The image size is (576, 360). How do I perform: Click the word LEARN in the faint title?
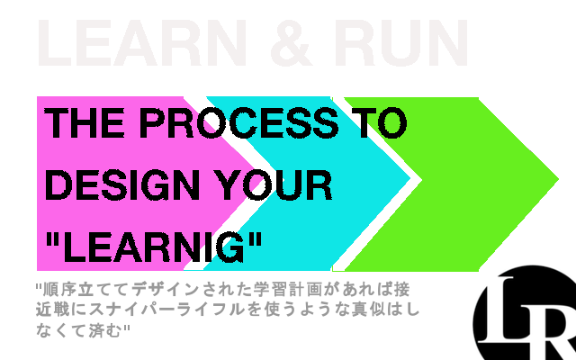pyautogui.click(x=142, y=42)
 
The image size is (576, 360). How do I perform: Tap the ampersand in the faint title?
pyautogui.click(x=291, y=42)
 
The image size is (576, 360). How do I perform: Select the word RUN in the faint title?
pyautogui.click(x=400, y=42)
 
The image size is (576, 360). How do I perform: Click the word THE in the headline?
pyautogui.click(x=84, y=123)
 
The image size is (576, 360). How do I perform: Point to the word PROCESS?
pyautogui.click(x=238, y=123)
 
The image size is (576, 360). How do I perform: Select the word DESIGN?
pyautogui.click(x=122, y=184)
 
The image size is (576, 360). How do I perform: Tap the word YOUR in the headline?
pyautogui.click(x=274, y=184)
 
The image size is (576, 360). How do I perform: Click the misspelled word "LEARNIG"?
pyautogui.click(x=154, y=247)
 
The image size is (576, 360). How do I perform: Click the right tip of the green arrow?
pyautogui.click(x=558, y=179)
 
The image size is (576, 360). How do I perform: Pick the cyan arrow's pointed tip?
pyautogui.click(x=409, y=179)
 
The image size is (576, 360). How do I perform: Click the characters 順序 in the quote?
pyautogui.click(x=60, y=290)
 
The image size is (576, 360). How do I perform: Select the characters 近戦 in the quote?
pyautogui.click(x=53, y=310)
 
